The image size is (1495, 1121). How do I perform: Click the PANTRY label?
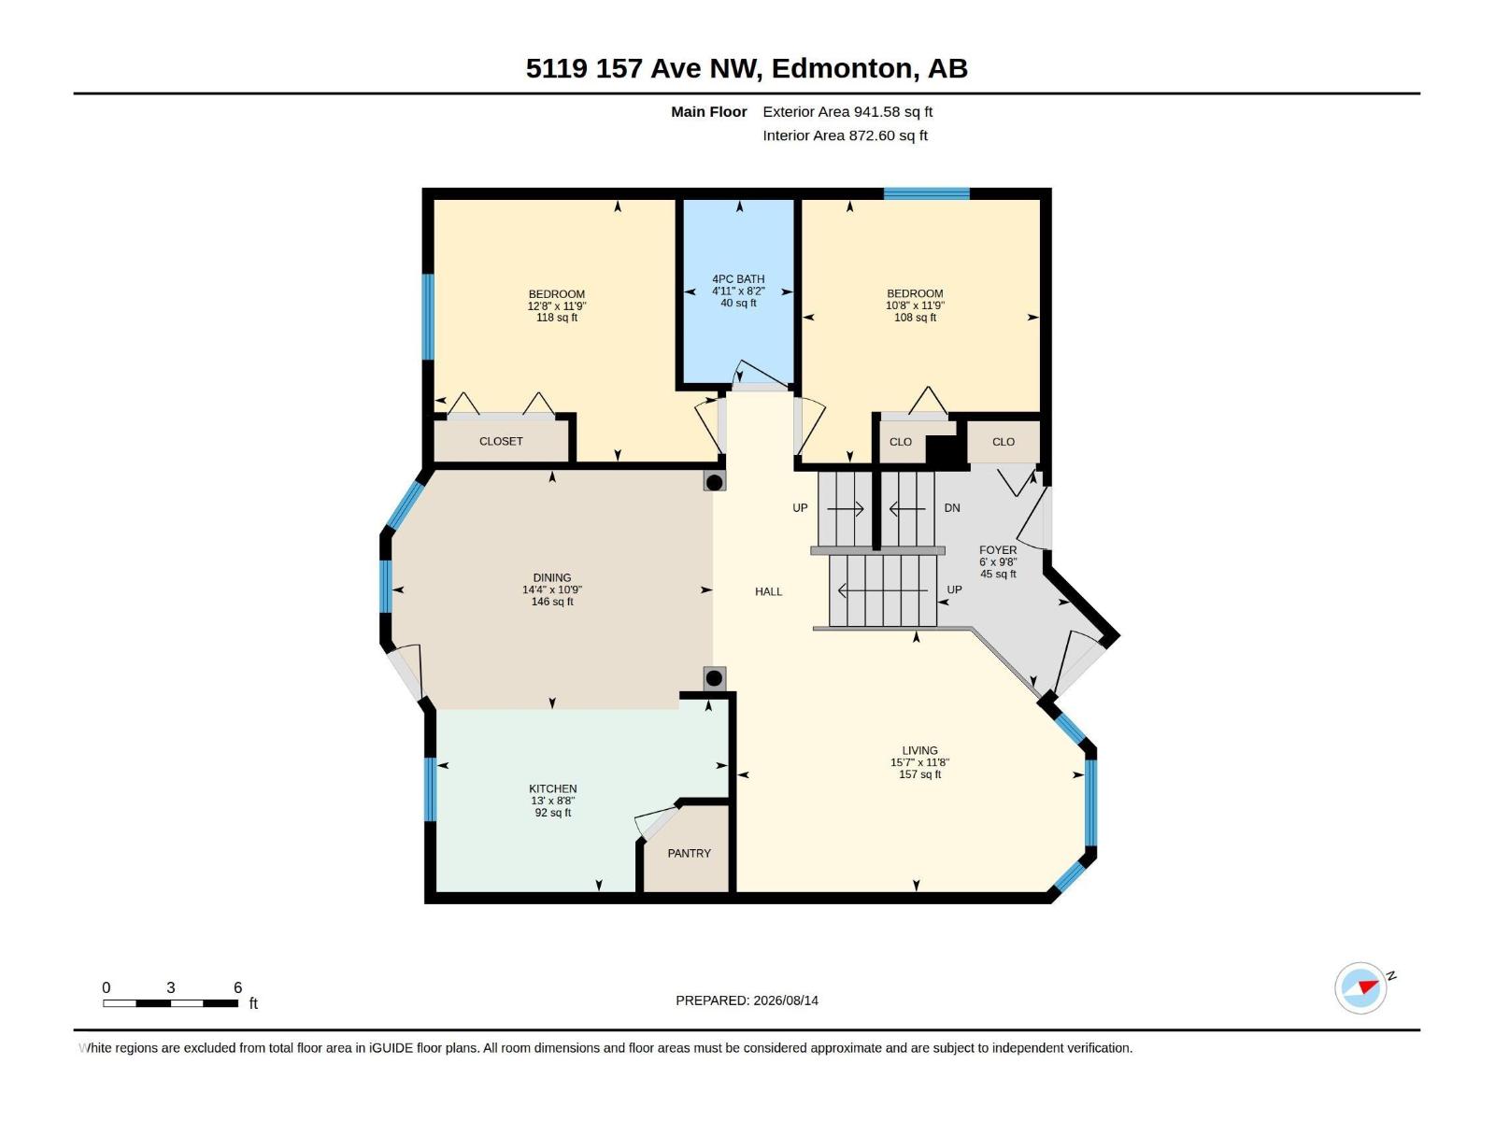[x=689, y=853]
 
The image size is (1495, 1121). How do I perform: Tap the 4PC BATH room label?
[x=738, y=279]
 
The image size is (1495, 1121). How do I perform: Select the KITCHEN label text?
[x=552, y=788]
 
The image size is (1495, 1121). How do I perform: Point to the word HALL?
[x=768, y=591]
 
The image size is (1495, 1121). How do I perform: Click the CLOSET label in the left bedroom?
[x=501, y=441]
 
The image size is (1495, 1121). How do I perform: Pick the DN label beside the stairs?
[x=951, y=508]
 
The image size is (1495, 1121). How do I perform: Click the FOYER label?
[x=998, y=550]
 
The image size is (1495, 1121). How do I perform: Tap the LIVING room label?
[x=919, y=750]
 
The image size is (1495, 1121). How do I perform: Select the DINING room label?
[x=551, y=578]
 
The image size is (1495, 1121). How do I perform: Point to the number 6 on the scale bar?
[x=237, y=987]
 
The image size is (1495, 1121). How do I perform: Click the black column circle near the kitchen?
[x=714, y=678]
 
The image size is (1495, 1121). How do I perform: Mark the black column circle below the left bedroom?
[x=714, y=483]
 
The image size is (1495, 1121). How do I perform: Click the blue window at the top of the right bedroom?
[x=926, y=194]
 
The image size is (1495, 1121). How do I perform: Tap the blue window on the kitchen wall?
[x=430, y=789]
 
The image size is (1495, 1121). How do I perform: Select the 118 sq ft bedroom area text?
[x=557, y=318]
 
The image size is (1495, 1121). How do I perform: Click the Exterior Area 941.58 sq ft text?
[x=847, y=111]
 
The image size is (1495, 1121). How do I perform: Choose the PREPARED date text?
[x=747, y=1000]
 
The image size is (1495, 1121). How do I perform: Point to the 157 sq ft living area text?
[x=919, y=774]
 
